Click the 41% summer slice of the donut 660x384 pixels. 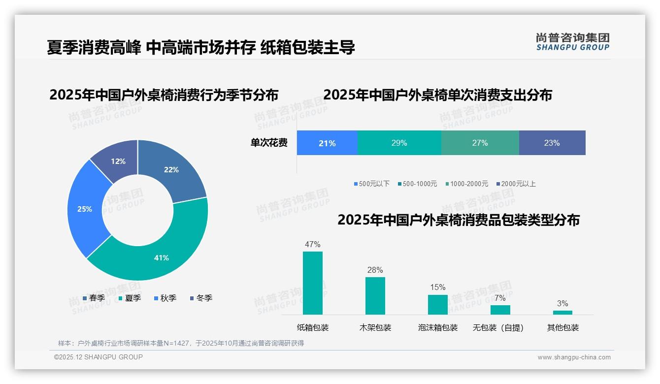pyautogui.click(x=158, y=256)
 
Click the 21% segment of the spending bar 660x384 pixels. pyautogui.click(x=327, y=143)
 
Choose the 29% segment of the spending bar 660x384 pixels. pyautogui.click(x=399, y=143)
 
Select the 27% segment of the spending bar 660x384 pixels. pyautogui.click(x=480, y=143)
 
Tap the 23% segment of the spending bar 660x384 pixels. pyautogui.click(x=552, y=143)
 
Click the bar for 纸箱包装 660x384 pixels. pyautogui.click(x=313, y=283)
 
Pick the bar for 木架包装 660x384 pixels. pyautogui.click(x=375, y=296)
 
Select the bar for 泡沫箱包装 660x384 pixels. pyautogui.click(x=438, y=305)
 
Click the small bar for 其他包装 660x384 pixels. pyautogui.click(x=562, y=313)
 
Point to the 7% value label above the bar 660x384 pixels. pyautogui.click(x=500, y=298)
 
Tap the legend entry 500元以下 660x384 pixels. pyautogui.click(x=371, y=184)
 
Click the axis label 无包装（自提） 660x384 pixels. pyautogui.click(x=498, y=327)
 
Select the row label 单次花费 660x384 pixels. pyautogui.click(x=269, y=143)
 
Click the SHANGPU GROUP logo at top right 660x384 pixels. pyautogui.click(x=572, y=42)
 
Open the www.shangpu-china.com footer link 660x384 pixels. pyautogui.click(x=574, y=357)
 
